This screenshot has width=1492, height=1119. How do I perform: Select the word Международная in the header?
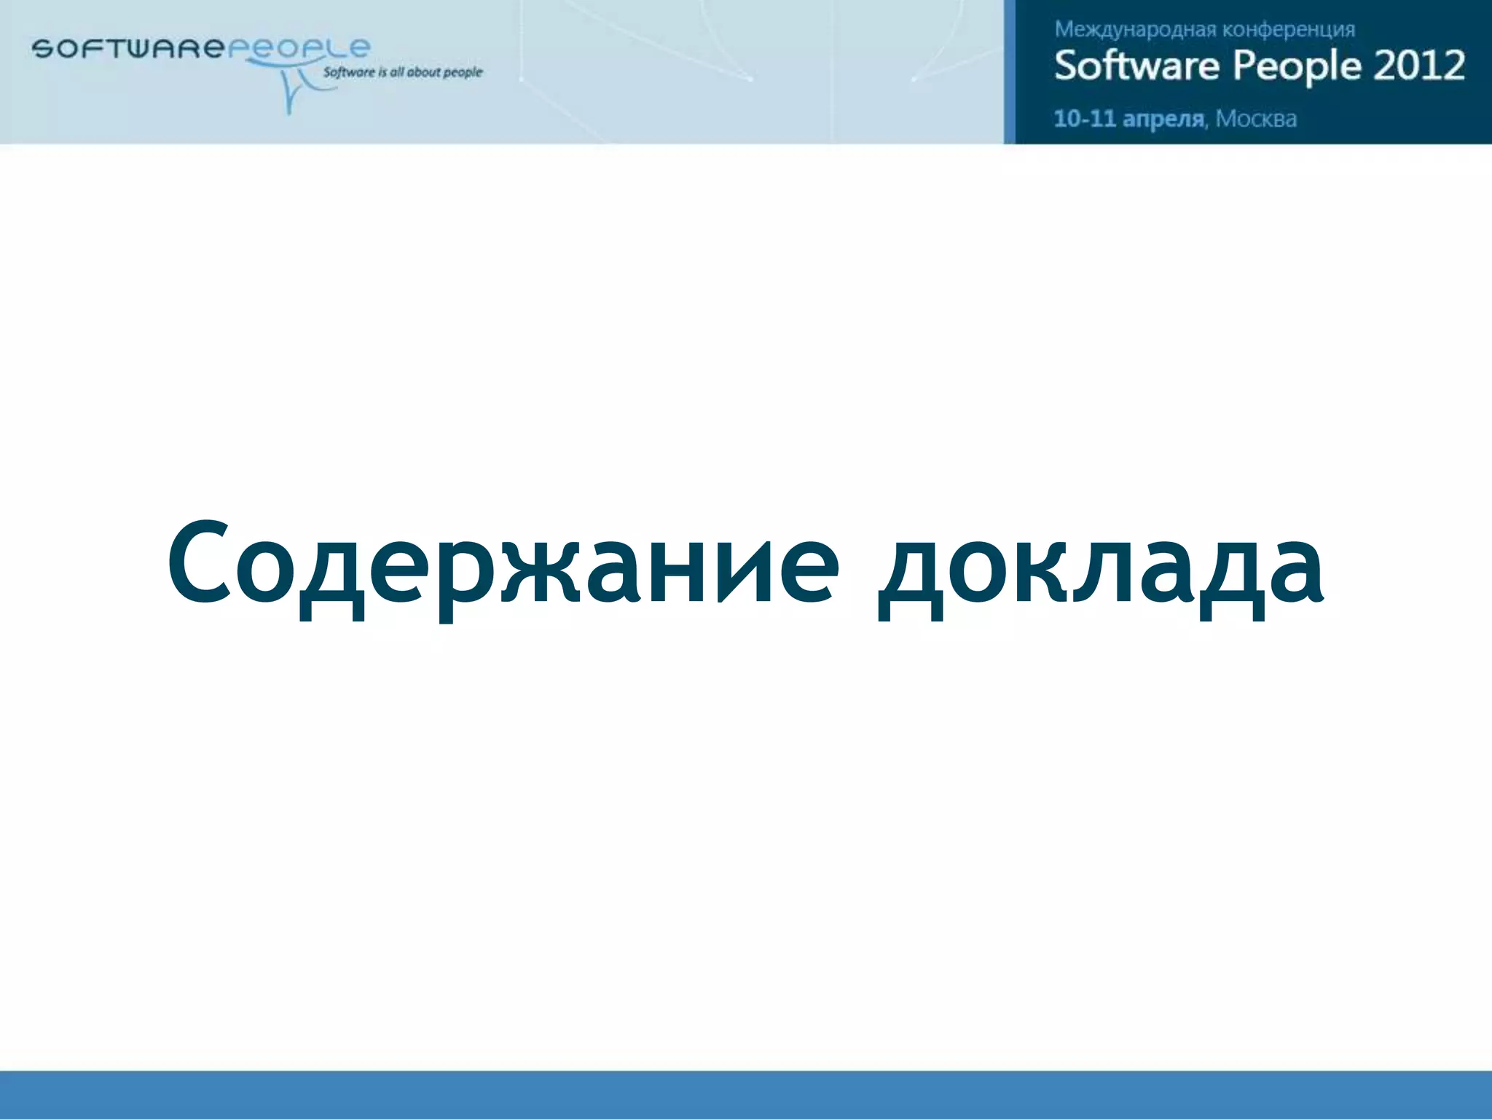[x=1135, y=30]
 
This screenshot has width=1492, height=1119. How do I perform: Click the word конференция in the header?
[x=1288, y=30]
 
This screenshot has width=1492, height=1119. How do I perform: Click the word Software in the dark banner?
[x=1136, y=66]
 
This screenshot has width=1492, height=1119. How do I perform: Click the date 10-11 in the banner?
[x=1084, y=118]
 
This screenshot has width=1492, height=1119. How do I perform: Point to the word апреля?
[x=1163, y=119]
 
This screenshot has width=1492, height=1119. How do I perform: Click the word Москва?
[x=1256, y=118]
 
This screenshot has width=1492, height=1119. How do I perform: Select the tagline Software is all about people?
[x=403, y=72]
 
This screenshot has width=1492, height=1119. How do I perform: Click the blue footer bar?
[x=746, y=1094]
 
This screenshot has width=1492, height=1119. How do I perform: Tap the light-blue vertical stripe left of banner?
[x=1009, y=71]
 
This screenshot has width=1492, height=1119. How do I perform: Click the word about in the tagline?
[x=423, y=72]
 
